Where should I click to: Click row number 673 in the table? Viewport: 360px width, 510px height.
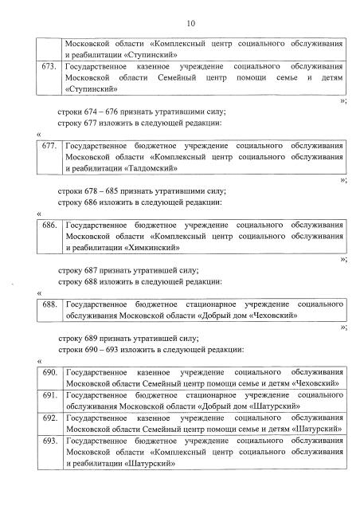click(50, 68)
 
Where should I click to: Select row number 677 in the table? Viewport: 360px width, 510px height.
click(50, 147)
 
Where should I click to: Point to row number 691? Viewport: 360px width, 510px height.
click(50, 395)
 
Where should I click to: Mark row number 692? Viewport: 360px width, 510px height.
click(50, 418)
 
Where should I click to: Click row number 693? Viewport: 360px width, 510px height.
click(50, 440)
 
